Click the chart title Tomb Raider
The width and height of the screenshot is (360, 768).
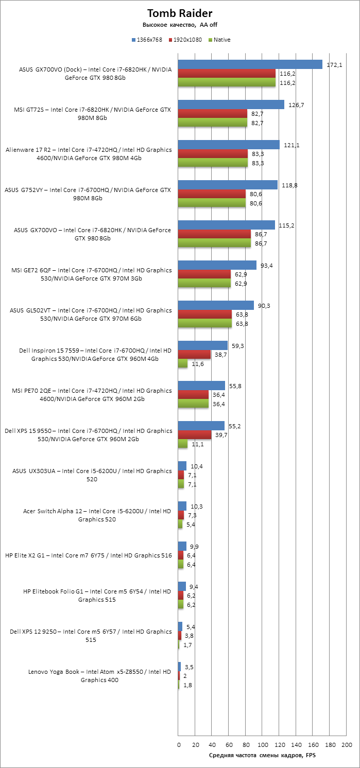tap(180, 13)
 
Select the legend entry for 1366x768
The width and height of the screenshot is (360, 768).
tap(150, 40)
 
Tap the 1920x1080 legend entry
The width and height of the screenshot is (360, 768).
tap(187, 40)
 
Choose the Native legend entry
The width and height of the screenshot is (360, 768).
tap(220, 40)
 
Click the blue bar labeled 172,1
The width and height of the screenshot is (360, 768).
tap(250, 64)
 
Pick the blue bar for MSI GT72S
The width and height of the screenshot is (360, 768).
tap(231, 104)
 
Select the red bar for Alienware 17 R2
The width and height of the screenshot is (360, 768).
tap(213, 154)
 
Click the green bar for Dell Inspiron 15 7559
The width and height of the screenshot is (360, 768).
tap(183, 363)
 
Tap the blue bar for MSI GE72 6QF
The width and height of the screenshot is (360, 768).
tap(217, 265)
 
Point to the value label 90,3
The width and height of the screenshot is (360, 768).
tap(264, 306)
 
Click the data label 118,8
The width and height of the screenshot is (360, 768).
tap(288, 185)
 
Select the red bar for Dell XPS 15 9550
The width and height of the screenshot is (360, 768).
tap(195, 434)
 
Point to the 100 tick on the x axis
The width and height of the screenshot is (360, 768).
tap(263, 745)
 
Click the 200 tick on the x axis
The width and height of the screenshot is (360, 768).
tap(347, 745)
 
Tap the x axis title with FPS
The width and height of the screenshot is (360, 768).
tap(262, 755)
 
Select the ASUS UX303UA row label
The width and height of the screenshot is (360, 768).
tap(92, 475)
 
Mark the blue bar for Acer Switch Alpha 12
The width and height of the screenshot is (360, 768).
tap(182, 506)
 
